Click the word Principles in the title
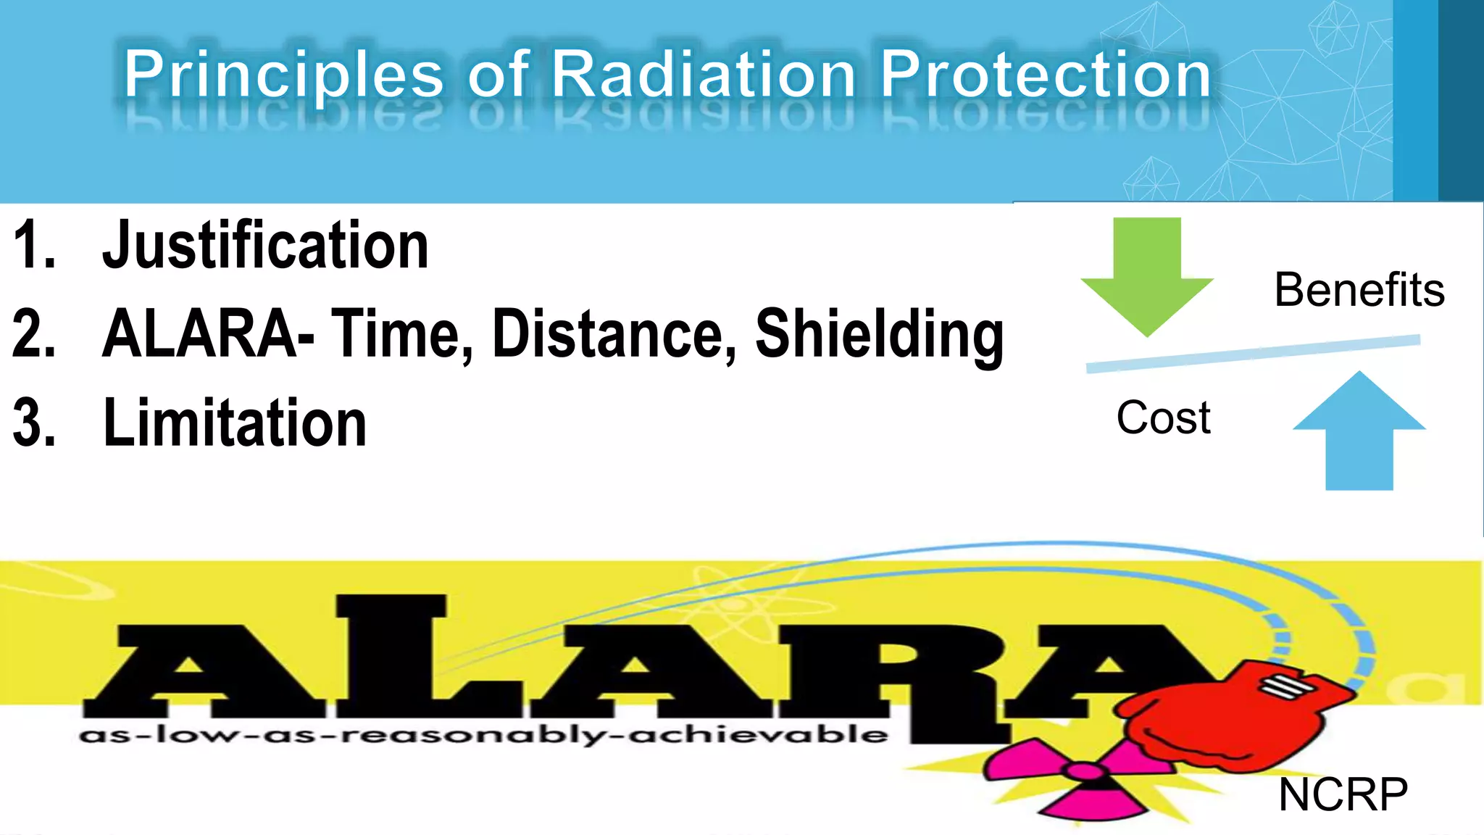click(283, 75)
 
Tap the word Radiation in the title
click(704, 75)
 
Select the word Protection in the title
click(1045, 75)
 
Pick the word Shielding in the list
click(879, 334)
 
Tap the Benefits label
click(1359, 290)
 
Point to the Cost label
click(1163, 418)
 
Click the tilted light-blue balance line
click(1254, 354)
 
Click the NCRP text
click(1343, 795)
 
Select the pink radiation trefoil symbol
click(1080, 779)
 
